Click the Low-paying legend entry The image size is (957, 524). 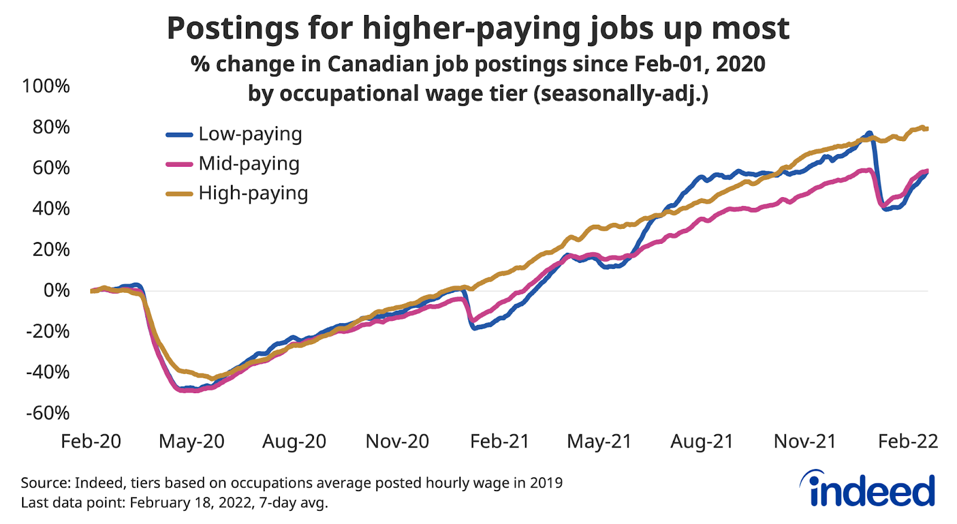(x=250, y=134)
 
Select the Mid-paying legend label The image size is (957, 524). (x=249, y=164)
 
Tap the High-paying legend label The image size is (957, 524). (x=253, y=193)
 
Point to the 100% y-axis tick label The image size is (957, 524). (x=46, y=86)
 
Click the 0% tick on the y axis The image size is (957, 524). (x=57, y=291)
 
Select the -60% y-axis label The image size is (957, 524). (x=48, y=413)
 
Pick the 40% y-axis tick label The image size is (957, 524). (x=51, y=209)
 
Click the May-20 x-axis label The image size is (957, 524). (x=191, y=442)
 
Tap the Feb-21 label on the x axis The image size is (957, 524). (x=499, y=442)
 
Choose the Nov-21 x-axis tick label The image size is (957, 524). (x=804, y=442)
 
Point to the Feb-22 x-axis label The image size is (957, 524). (x=907, y=442)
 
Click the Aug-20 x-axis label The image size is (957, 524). (x=294, y=442)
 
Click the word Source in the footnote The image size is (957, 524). (x=45, y=483)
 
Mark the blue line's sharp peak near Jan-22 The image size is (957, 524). (x=869, y=133)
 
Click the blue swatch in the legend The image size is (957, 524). (x=179, y=135)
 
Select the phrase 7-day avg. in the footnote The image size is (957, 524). (x=293, y=502)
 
